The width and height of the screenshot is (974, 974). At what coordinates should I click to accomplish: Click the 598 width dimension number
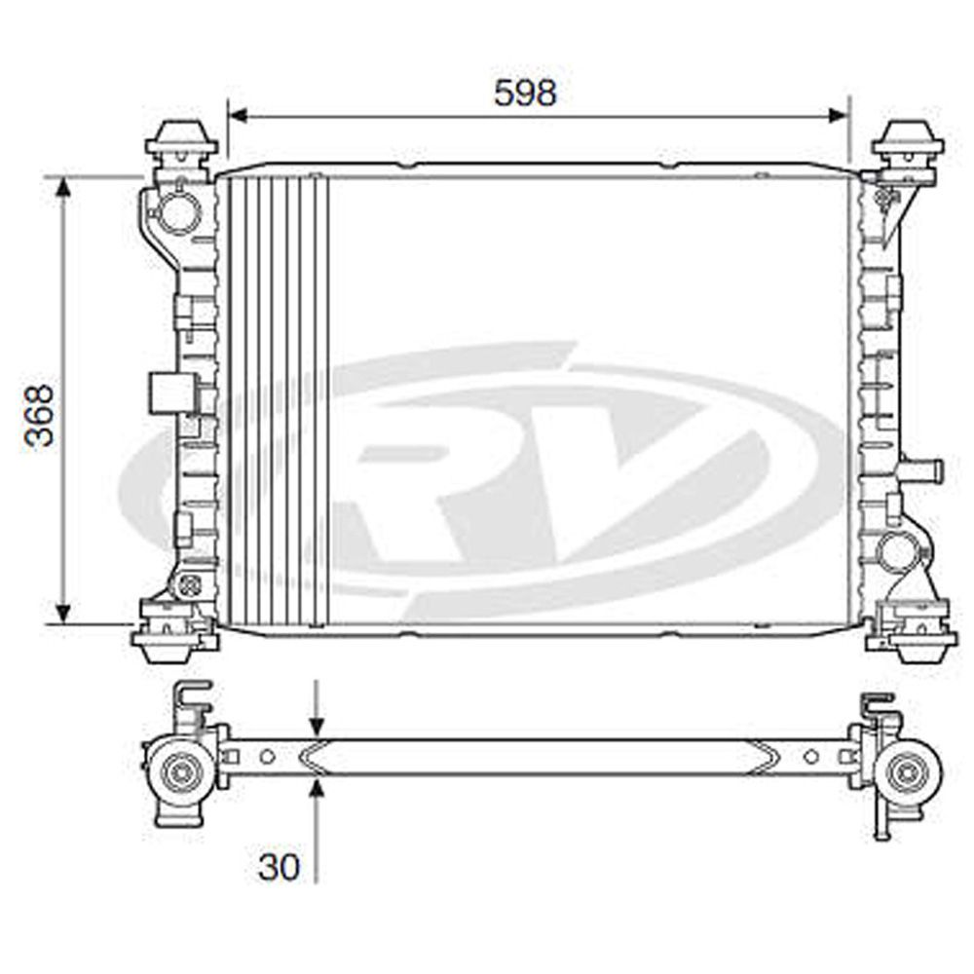click(x=526, y=94)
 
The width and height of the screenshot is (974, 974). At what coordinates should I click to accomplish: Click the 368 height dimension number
click(x=39, y=416)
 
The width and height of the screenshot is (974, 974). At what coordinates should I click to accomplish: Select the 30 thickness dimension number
click(x=279, y=867)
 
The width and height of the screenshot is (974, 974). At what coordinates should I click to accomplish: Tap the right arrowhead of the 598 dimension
click(x=838, y=116)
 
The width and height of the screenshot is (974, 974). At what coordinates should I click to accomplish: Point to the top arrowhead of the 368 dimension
click(x=63, y=187)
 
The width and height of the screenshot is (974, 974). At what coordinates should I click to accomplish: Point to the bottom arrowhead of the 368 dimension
click(x=63, y=613)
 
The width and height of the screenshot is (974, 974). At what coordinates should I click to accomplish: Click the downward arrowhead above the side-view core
click(x=317, y=728)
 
